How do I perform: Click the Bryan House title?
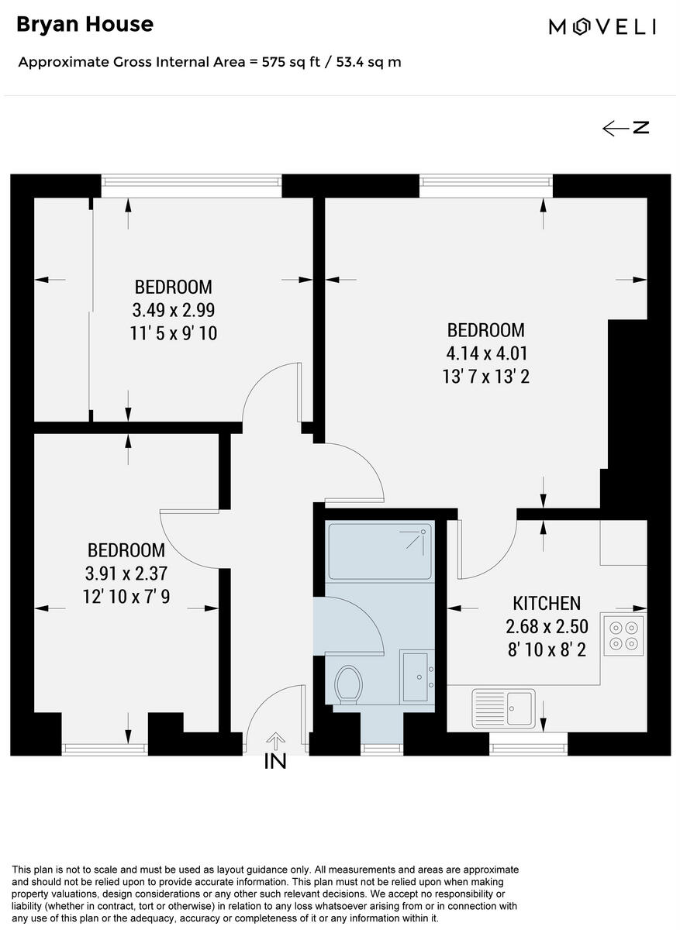point(85,25)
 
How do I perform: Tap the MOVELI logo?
point(602,27)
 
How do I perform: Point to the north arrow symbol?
point(626,128)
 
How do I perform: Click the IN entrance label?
point(275,762)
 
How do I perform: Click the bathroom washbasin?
point(416,677)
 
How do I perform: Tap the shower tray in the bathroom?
point(380,551)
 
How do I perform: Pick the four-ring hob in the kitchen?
point(625,635)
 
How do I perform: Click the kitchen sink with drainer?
point(503,707)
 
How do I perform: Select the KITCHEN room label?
point(547,603)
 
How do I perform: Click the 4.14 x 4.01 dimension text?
point(487,353)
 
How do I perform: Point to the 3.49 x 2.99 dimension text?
point(173,310)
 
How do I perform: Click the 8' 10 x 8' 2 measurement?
point(547,649)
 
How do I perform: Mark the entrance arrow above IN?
point(275,741)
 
